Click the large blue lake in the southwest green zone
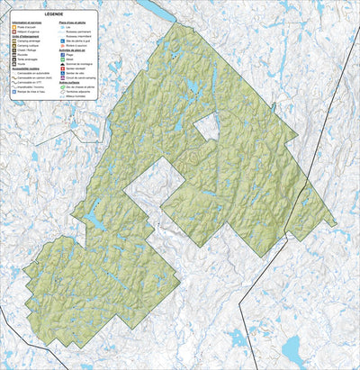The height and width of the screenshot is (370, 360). pyautogui.click(x=94, y=218)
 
